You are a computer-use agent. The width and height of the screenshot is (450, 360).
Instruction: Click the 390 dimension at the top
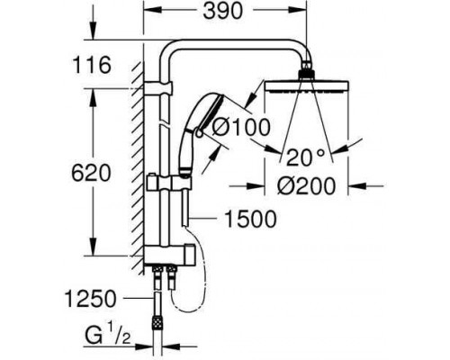click(x=222, y=12)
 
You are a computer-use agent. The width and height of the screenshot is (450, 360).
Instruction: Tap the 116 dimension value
click(x=91, y=65)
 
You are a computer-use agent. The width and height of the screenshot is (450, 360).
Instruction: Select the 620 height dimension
click(x=91, y=173)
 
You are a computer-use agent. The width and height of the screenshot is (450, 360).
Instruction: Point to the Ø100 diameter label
click(x=241, y=127)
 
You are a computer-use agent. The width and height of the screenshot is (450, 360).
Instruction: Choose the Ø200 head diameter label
click(x=306, y=186)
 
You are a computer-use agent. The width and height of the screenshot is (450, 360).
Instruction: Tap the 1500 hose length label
click(x=250, y=219)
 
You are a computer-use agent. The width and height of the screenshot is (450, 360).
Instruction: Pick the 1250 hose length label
click(x=91, y=299)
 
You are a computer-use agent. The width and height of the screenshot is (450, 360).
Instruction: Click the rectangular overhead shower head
click(x=307, y=86)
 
